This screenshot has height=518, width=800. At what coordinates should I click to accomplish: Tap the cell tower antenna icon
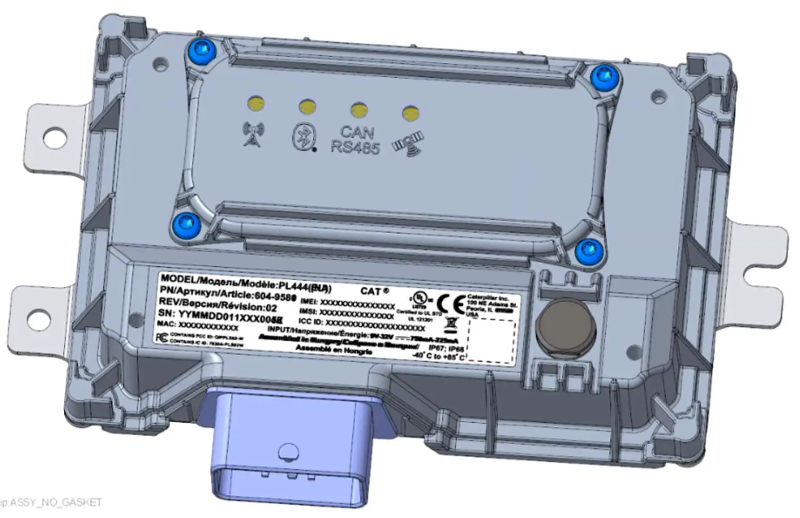[253, 133]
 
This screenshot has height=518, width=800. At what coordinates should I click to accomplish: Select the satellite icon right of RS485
[409, 144]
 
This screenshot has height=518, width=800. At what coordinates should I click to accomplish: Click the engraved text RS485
[355, 148]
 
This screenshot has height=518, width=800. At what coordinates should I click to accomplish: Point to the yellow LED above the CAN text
[358, 109]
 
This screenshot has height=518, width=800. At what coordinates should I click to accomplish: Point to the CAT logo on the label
[374, 291]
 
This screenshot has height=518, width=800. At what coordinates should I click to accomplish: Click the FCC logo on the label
[161, 337]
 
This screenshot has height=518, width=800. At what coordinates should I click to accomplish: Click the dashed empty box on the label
[490, 340]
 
